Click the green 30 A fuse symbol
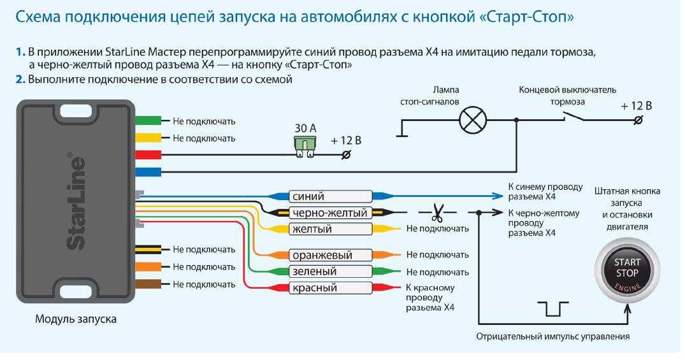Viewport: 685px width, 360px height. [x=305, y=147]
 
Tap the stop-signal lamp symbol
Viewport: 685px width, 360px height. [x=473, y=120]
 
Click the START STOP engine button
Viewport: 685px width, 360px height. [x=627, y=271]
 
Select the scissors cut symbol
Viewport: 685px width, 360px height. [x=437, y=212]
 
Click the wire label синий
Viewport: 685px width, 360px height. [x=308, y=196]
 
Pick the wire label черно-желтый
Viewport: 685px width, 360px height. [x=330, y=213]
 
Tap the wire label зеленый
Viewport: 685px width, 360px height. [x=314, y=271]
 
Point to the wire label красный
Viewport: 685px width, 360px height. [x=315, y=288]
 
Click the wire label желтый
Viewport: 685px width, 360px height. [x=312, y=229]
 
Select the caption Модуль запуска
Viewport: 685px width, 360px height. [x=76, y=319]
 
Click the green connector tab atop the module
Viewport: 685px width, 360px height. [x=148, y=120]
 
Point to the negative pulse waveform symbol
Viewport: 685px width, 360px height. [x=553, y=308]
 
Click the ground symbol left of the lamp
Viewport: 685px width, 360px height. [x=402, y=128]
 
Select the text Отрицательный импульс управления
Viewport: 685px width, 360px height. [x=552, y=336]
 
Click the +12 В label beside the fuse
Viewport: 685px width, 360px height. [x=346, y=141]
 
